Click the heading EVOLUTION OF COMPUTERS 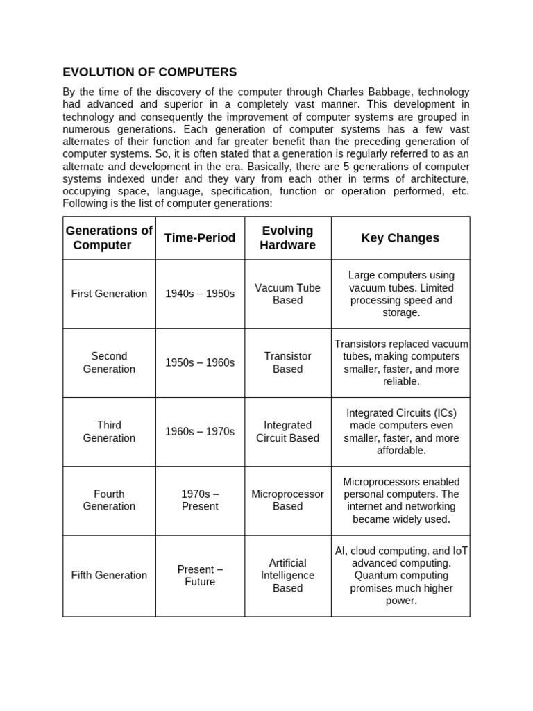pos(150,72)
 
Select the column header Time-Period pos(200,238)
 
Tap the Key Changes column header pos(400,238)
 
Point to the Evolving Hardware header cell pos(287,238)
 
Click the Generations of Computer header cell pos(109,238)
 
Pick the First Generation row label pos(109,294)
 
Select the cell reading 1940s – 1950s pos(200,294)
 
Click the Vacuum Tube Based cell pos(287,294)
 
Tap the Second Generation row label pos(109,362)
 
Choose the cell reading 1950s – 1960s pos(200,362)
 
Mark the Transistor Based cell pos(287,362)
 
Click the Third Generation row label pos(109,431)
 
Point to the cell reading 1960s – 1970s pos(200,431)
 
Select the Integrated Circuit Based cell pos(287,431)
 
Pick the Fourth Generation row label pos(109,500)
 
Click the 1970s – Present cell pos(200,500)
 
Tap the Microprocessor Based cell pos(287,500)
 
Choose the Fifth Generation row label pos(109,575)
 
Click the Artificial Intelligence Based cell pos(287,575)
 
